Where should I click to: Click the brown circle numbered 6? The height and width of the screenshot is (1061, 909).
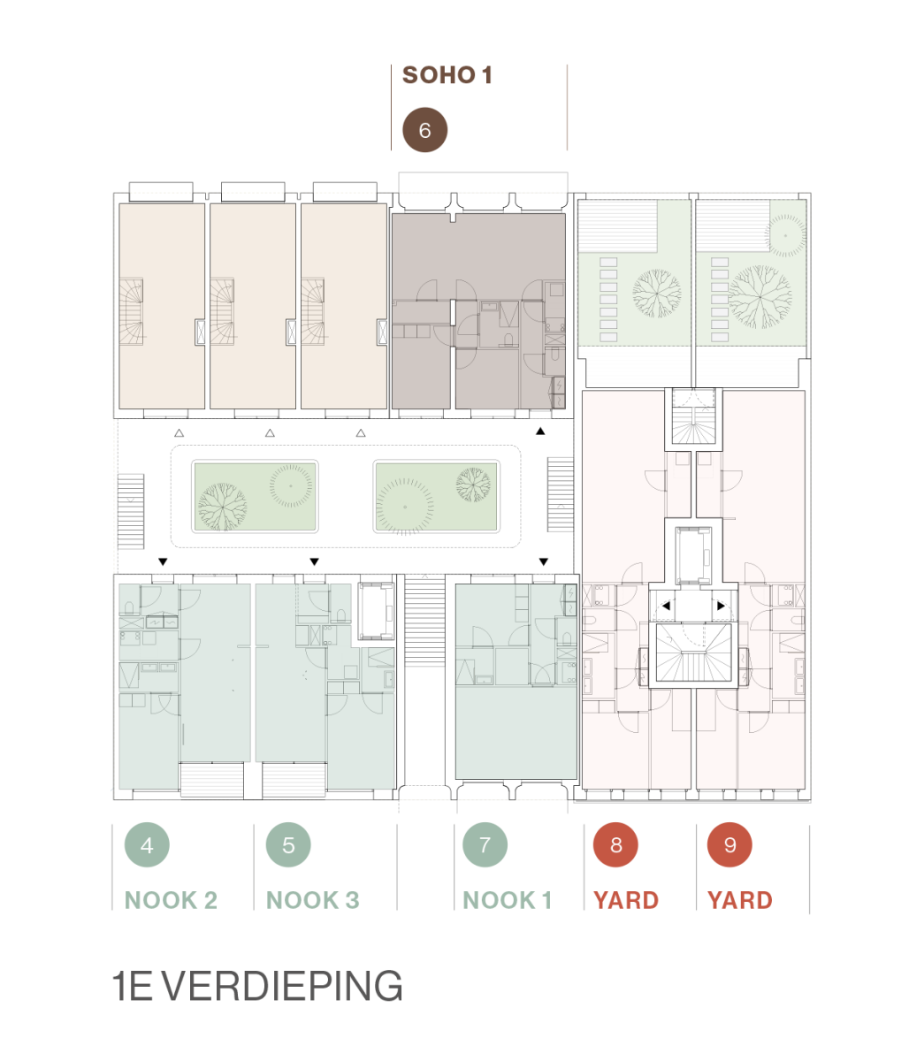424,130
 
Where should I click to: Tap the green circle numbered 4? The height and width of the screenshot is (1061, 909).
147,845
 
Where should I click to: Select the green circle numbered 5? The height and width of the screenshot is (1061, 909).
288,845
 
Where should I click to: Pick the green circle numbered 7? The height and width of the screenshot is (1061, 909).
485,844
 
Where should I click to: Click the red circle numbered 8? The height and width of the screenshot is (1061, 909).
615,844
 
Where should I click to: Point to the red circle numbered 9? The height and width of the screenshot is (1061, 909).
729,844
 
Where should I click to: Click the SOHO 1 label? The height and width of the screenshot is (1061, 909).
447,75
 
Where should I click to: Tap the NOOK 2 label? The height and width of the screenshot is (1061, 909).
171,900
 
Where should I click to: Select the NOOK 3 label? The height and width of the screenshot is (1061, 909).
313,900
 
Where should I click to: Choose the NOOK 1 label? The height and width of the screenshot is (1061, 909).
507,900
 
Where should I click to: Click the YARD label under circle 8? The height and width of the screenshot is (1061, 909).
626,900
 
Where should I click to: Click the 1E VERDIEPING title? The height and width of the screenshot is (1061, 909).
257,986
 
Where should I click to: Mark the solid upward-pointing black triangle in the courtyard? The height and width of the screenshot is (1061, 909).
540,431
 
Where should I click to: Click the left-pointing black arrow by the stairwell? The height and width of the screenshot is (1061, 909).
666,606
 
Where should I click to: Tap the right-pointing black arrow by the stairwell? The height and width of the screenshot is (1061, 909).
721,606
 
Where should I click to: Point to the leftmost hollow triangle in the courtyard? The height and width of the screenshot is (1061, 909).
179,432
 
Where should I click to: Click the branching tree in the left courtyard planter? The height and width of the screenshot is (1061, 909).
222,506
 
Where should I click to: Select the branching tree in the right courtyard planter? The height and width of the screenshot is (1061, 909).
473,484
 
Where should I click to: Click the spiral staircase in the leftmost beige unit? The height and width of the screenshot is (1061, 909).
131,311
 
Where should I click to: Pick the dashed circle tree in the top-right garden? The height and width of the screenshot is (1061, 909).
785,235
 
